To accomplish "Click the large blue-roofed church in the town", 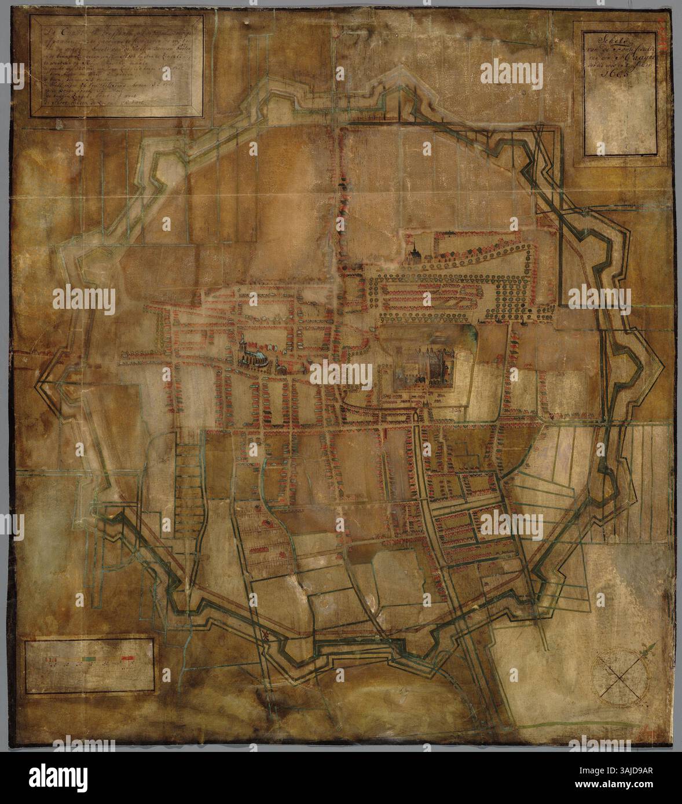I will tap(252, 359).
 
